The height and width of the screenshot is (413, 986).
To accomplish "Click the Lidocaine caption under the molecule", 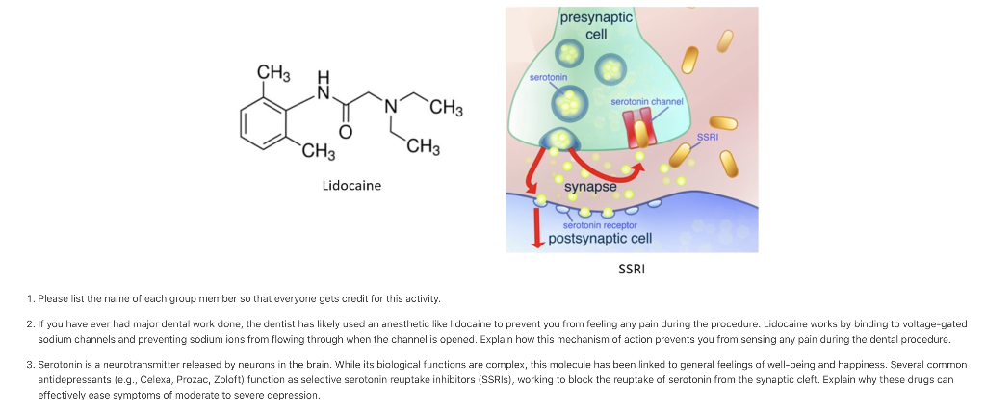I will coord(351,185).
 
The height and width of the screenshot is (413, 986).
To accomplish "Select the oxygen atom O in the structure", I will coord(346,131).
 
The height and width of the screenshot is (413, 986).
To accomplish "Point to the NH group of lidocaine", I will coord(324,87).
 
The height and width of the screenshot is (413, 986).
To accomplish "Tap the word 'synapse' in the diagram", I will coord(590,186).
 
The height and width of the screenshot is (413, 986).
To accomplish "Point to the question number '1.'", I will coord(32,299).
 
